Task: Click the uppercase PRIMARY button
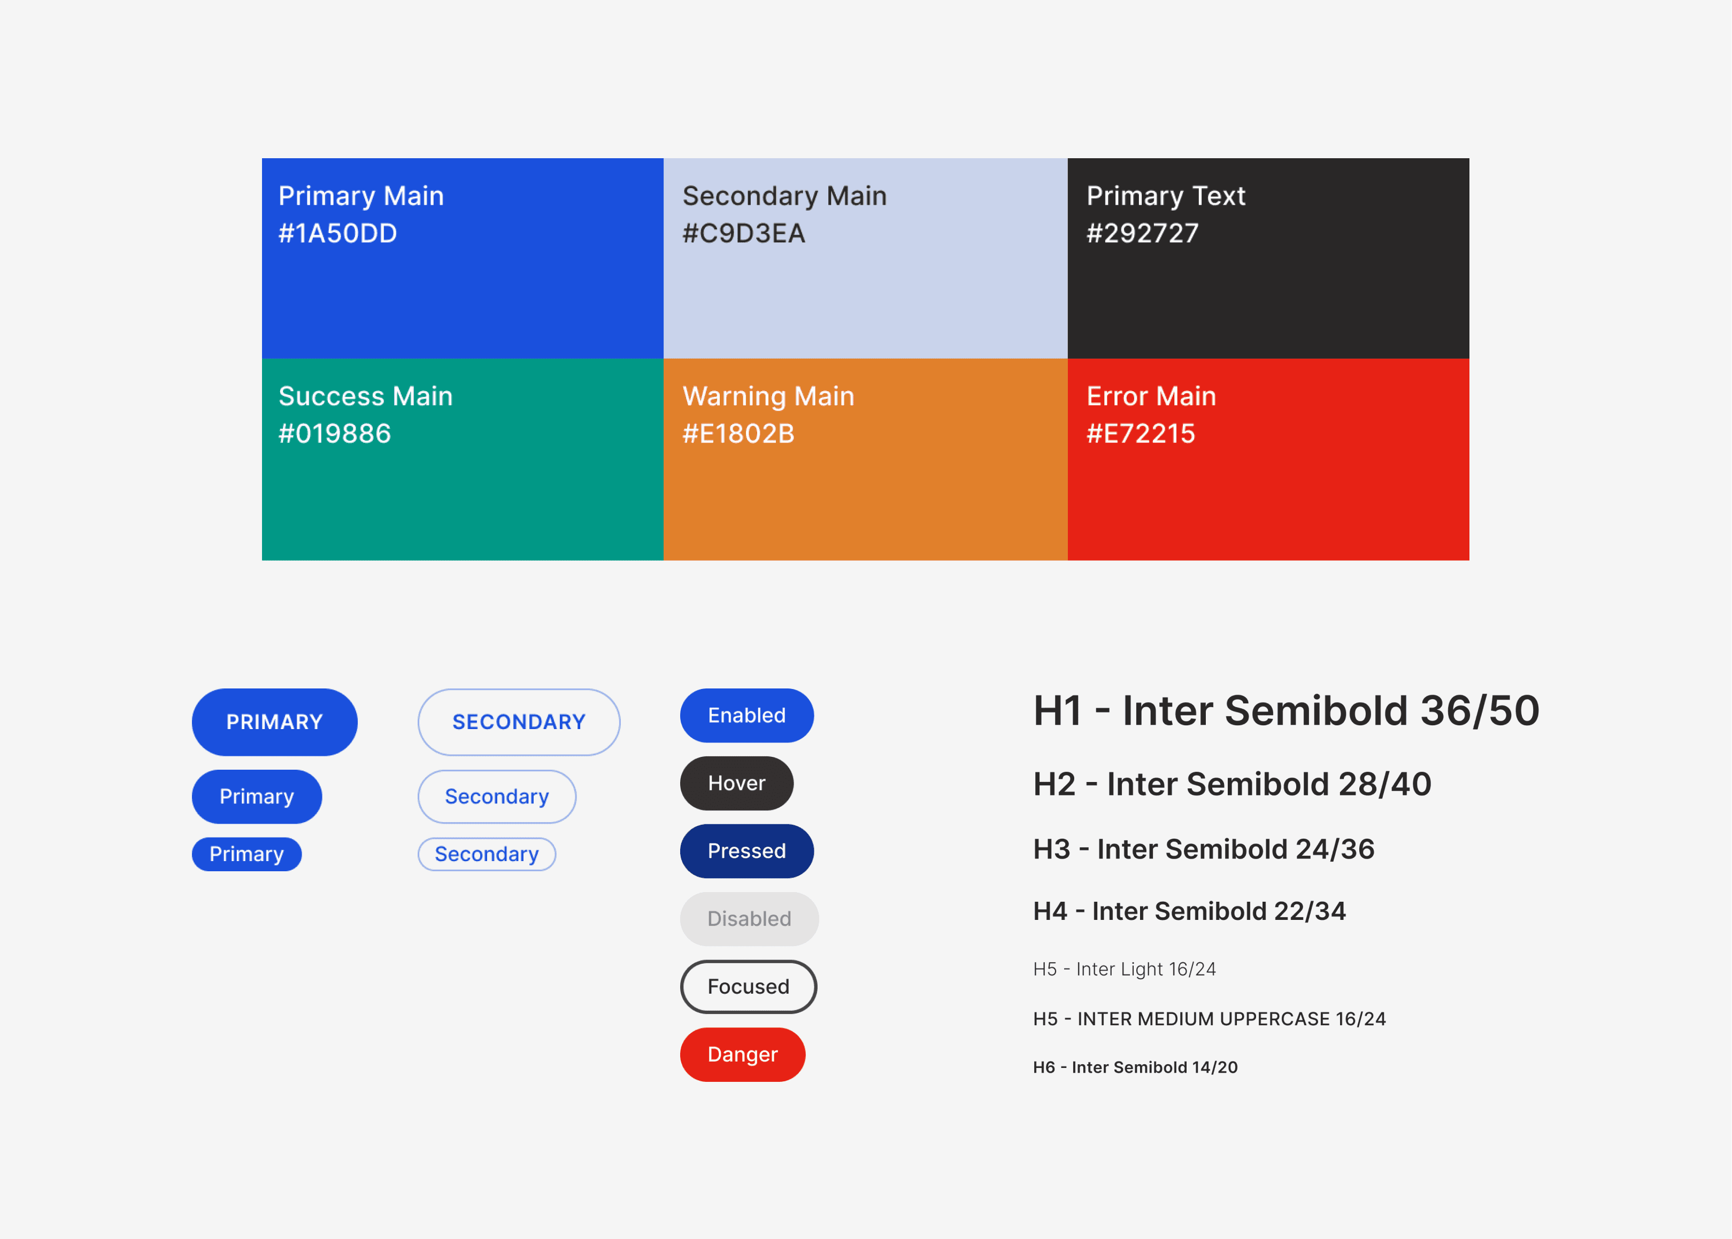[x=274, y=722]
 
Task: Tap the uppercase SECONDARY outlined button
[x=518, y=722]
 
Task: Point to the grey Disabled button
[x=749, y=919]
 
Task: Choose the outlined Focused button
[x=748, y=987]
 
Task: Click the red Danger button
[x=742, y=1055]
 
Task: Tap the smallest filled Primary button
[x=247, y=854]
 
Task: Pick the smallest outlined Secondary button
[x=486, y=854]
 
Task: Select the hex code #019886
[x=334, y=433]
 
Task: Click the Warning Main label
[x=768, y=396]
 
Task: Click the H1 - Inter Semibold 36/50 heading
[x=1285, y=710]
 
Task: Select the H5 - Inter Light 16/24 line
[x=1123, y=969]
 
